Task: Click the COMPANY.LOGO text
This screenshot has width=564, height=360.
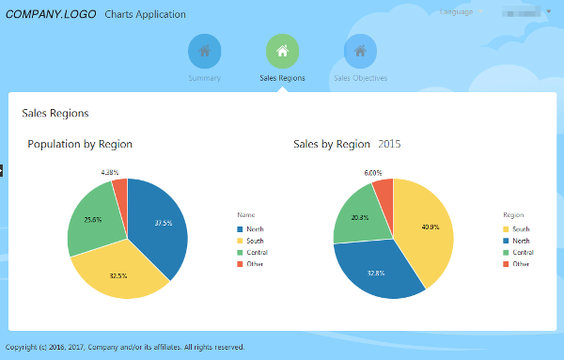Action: (49, 14)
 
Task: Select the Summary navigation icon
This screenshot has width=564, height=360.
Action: (204, 51)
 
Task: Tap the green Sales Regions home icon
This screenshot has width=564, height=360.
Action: (282, 51)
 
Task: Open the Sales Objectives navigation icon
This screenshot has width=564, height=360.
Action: (360, 51)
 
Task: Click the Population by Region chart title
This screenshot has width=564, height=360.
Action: (80, 144)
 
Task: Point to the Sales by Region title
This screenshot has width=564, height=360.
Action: (332, 144)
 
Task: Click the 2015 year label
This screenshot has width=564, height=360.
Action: (389, 144)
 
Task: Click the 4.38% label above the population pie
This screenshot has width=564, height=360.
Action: (110, 172)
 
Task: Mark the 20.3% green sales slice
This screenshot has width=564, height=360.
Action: (358, 217)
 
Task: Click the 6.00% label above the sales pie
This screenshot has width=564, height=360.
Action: (373, 172)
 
